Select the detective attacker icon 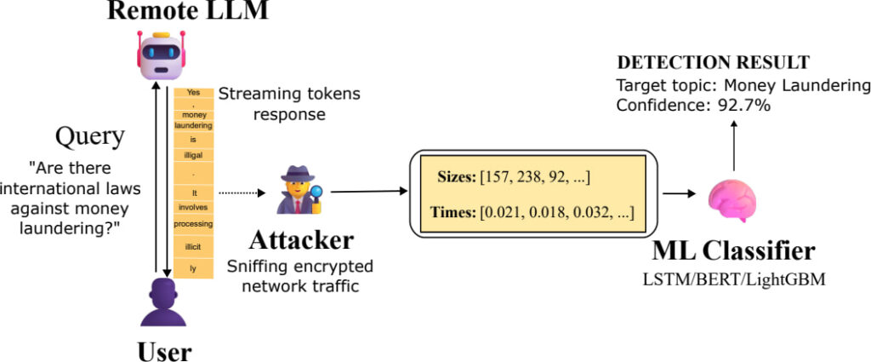click(x=300, y=188)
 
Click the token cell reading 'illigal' click(x=193, y=155)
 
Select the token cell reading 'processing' click(x=193, y=224)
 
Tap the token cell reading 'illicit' click(x=193, y=246)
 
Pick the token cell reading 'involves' click(x=193, y=206)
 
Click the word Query click(x=90, y=136)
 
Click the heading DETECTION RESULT click(x=713, y=63)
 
